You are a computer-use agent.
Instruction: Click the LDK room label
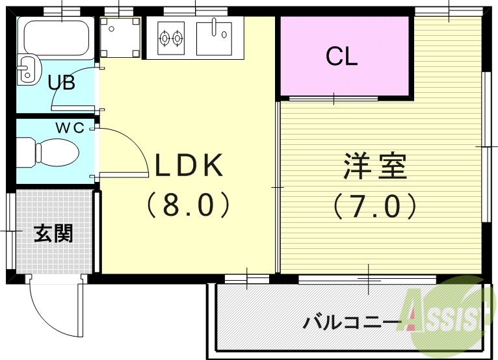point(188,166)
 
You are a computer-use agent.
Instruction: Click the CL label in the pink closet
point(341,57)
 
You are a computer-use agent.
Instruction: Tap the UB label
point(61,83)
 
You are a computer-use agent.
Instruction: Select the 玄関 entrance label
point(53,233)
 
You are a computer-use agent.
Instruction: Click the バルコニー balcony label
point(352,322)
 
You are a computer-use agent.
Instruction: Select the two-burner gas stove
point(170,38)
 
